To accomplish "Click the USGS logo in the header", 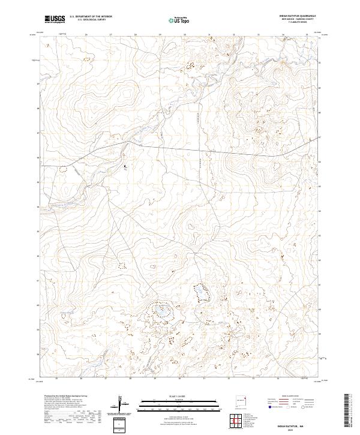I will [55, 19].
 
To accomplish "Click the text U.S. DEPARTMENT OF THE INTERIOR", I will [91, 17].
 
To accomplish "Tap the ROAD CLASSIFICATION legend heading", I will [290, 397].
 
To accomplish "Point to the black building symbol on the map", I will [125, 167].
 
